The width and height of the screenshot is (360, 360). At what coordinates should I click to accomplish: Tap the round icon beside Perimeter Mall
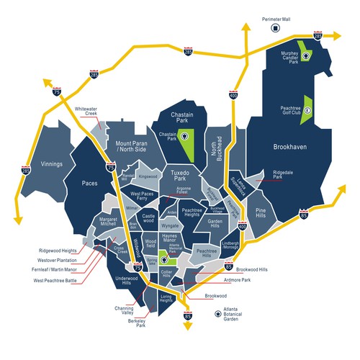274,27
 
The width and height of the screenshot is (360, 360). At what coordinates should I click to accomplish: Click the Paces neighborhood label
89,183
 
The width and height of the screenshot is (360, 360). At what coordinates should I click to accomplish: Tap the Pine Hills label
266,214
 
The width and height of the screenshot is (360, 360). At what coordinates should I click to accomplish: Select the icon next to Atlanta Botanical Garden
217,314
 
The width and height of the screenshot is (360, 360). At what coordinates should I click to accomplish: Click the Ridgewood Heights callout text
36,251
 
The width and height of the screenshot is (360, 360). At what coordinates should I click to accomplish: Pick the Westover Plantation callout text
37,259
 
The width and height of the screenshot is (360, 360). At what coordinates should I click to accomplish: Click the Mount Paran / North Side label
131,147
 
